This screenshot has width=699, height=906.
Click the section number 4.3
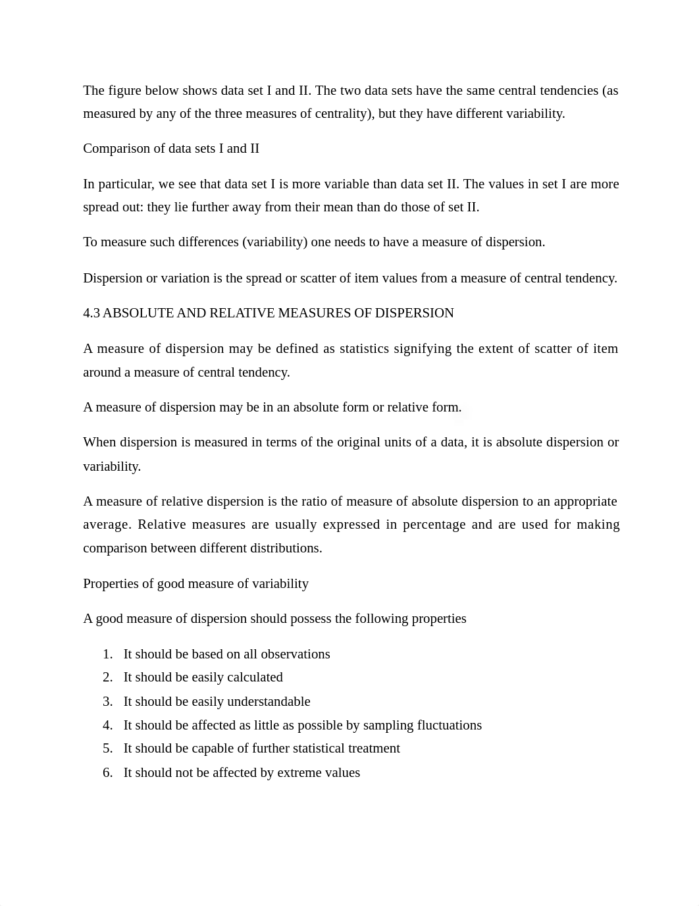click(91, 313)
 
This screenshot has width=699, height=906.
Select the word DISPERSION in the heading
click(414, 313)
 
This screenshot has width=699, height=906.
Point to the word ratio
click(315, 501)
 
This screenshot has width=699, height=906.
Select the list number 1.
click(107, 654)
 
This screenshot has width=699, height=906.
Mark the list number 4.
click(107, 725)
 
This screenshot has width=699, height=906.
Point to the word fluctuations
click(449, 725)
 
